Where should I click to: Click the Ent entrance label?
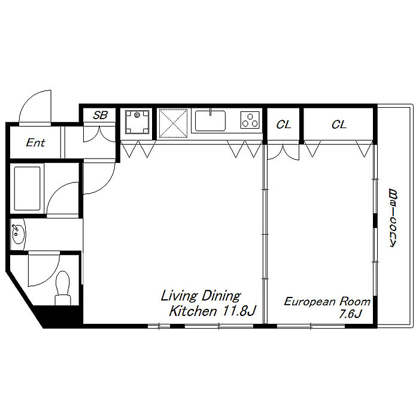[x=35, y=142]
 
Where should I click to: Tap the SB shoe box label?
[x=100, y=115]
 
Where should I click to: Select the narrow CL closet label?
[x=284, y=125]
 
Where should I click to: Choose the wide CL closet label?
[x=339, y=125]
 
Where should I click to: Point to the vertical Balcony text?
[x=393, y=218]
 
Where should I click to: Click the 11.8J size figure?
[x=239, y=311]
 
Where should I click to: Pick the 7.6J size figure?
[x=350, y=314]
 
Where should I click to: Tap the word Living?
[x=179, y=296]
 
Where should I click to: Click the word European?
[x=309, y=302]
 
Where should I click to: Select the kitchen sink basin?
[x=210, y=120]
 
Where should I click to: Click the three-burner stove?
[x=250, y=120]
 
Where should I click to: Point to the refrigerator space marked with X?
[x=173, y=123]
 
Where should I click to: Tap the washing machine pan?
[x=137, y=122]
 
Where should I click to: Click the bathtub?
[x=28, y=189]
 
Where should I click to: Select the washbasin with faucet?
[x=18, y=234]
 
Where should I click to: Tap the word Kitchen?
[x=193, y=311]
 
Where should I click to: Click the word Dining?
[x=221, y=296]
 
